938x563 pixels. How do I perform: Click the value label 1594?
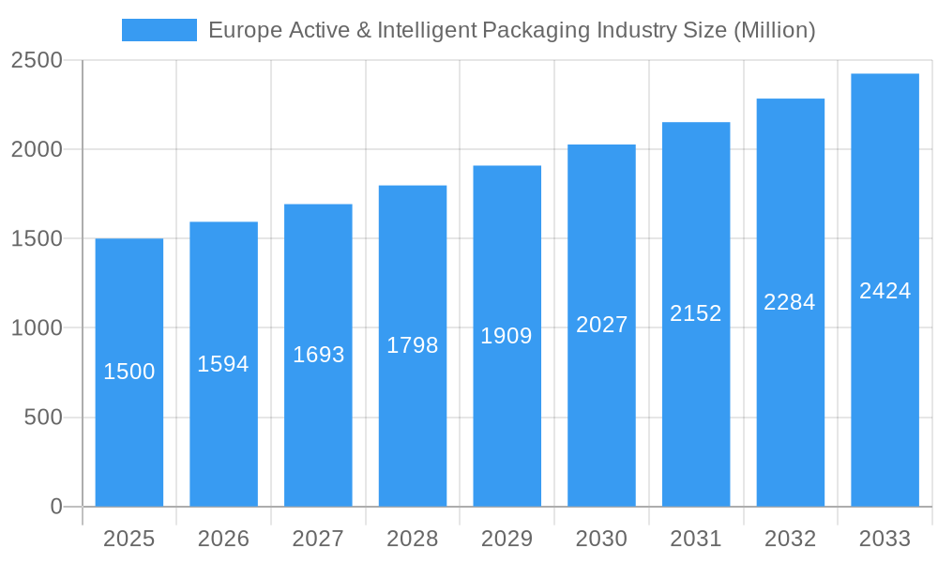[223, 364]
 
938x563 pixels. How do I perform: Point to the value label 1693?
[318, 355]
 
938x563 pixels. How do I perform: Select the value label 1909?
[507, 336]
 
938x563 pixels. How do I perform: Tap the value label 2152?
[696, 313]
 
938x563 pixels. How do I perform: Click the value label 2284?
[790, 302]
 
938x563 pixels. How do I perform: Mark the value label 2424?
[885, 291]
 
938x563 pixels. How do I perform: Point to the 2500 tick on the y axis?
[37, 61]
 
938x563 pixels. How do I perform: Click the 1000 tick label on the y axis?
[37, 328]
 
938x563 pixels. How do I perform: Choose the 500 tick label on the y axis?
[43, 418]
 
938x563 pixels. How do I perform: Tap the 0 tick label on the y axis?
[56, 507]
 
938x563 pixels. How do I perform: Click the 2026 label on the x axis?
[223, 539]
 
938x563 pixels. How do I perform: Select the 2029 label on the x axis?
[507, 539]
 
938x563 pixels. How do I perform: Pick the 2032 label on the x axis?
[790, 539]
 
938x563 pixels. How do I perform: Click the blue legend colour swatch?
[159, 30]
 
